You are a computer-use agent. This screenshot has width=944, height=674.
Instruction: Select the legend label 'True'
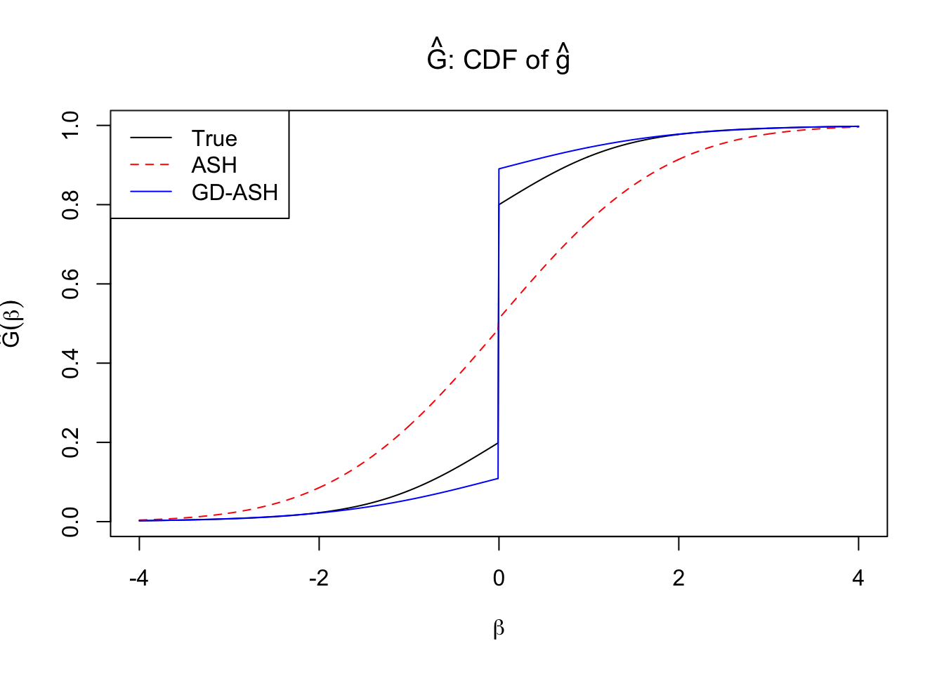[214, 138]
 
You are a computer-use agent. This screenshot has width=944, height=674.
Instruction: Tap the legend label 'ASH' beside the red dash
[214, 165]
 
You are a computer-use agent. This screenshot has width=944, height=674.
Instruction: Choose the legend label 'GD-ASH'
[235, 192]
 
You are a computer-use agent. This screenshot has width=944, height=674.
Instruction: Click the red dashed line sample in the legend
[150, 165]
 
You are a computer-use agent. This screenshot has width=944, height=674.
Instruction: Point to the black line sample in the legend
[150, 138]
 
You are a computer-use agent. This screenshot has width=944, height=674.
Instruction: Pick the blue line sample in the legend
[150, 192]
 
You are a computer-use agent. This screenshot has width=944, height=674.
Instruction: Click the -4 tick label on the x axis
[139, 579]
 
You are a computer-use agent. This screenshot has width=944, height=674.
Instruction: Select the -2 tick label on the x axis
[319, 579]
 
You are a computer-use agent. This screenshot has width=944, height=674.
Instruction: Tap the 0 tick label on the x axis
[499, 579]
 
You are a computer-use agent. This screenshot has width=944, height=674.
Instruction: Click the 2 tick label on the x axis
[678, 579]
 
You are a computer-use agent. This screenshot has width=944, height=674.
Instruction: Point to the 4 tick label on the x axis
[858, 579]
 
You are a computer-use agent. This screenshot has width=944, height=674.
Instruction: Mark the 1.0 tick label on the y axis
[71, 126]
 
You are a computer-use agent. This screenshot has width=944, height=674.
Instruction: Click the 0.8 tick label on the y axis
[71, 205]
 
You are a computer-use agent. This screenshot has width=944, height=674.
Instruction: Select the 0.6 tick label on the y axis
[71, 284]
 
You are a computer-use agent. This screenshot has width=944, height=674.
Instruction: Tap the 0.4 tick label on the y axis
[71, 364]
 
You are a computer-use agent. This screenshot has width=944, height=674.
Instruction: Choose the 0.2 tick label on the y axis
[71, 443]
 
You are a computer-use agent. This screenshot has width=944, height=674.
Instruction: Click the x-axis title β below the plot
[499, 628]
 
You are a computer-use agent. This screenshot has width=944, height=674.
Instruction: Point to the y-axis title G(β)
[12, 324]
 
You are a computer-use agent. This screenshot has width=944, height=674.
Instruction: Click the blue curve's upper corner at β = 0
[499, 168]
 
